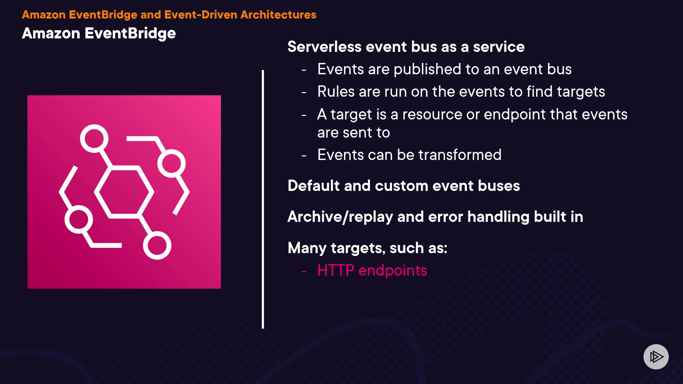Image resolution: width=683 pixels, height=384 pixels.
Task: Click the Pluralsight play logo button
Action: click(656, 357)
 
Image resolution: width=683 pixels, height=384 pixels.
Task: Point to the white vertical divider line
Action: click(263, 199)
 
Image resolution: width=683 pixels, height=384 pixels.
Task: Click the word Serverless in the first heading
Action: click(324, 47)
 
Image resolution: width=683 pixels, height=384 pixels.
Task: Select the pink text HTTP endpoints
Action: click(372, 270)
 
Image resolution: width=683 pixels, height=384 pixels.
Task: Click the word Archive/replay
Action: click(340, 217)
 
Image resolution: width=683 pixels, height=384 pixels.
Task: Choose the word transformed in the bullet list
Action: click(460, 155)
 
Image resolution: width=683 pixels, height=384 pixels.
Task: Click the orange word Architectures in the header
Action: click(278, 15)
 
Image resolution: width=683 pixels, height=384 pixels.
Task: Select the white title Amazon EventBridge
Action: click(99, 33)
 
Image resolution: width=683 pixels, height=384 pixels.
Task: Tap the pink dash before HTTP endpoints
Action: click(304, 271)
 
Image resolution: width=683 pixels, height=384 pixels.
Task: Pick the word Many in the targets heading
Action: click(307, 248)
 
